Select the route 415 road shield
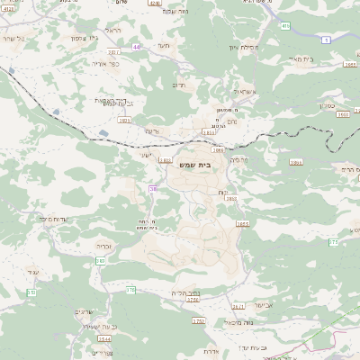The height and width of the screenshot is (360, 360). pyautogui.click(x=285, y=27)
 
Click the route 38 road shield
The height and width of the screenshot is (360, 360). pyautogui.click(x=153, y=188)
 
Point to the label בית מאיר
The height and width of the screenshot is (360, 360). pyautogui.click(x=327, y=58)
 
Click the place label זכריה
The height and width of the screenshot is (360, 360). pyautogui.click(x=103, y=245)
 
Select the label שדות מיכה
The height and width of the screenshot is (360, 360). pyautogui.click(x=56, y=219)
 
